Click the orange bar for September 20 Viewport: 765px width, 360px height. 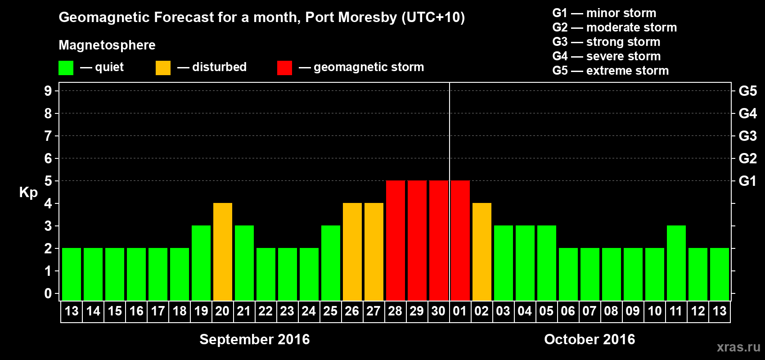(223, 252)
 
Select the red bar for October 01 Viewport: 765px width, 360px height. (460, 241)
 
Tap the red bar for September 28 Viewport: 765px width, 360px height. (396, 241)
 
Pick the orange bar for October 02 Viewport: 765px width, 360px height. (482, 252)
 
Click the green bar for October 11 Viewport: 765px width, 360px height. (676, 263)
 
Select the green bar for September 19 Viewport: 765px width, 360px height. (201, 263)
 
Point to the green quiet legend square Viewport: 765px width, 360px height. (66, 68)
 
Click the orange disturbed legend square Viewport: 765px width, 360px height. (163, 68)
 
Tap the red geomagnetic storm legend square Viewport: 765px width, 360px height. (284, 68)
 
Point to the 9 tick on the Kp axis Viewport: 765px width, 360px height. (48, 91)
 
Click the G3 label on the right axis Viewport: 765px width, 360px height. (747, 136)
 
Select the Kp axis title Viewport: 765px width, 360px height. (28, 193)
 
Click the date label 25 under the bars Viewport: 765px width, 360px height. (330, 311)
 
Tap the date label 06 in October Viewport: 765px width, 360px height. (568, 311)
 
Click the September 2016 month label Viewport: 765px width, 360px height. (254, 339)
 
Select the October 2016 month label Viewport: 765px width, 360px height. (589, 339)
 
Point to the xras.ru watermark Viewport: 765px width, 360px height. (738, 347)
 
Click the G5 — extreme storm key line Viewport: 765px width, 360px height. (610, 71)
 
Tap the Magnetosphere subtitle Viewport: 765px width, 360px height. (107, 45)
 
